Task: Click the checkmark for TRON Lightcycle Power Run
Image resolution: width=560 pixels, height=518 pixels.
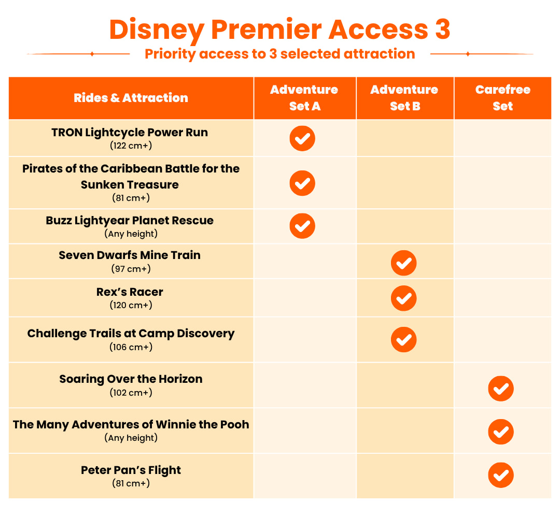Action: (x=302, y=138)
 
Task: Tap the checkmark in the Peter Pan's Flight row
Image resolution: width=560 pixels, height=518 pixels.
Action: (x=501, y=475)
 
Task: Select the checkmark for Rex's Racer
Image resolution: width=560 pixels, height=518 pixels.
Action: (x=403, y=298)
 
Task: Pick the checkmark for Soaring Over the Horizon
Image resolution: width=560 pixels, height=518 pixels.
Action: (x=501, y=388)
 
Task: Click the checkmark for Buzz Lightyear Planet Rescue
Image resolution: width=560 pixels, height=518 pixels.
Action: (x=302, y=226)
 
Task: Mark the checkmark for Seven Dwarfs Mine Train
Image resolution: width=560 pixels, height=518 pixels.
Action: (x=403, y=263)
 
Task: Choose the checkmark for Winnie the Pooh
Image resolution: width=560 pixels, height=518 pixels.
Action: (x=501, y=431)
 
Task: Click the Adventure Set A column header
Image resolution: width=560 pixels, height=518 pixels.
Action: (x=304, y=98)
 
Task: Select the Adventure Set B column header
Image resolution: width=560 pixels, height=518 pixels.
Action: (x=404, y=98)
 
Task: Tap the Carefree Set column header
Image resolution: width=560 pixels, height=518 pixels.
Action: (x=503, y=98)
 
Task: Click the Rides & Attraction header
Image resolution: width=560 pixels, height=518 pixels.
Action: (x=131, y=98)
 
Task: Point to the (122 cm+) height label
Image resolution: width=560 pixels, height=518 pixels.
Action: (x=131, y=146)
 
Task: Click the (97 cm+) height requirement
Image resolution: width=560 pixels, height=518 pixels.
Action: (x=131, y=269)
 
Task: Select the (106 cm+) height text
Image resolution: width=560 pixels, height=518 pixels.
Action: (x=131, y=347)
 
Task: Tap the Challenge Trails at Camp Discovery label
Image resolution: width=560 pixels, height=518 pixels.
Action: (x=131, y=334)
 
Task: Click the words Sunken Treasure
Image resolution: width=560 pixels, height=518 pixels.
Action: (x=130, y=185)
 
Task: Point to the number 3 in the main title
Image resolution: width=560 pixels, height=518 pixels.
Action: (x=443, y=29)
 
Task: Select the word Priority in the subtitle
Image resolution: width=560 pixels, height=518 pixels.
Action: (x=170, y=54)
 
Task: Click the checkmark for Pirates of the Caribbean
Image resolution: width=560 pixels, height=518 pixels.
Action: (x=302, y=183)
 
